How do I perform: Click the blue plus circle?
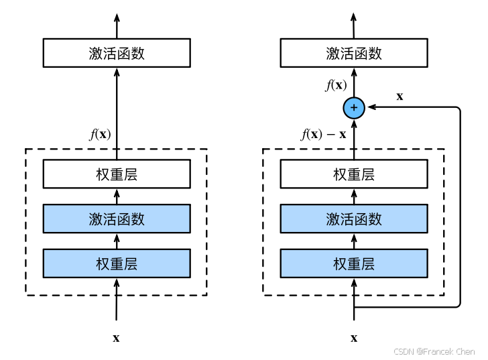click(354, 108)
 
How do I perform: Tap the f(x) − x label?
click(323, 135)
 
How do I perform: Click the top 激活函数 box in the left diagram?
click(117, 53)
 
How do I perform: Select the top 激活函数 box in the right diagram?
click(354, 53)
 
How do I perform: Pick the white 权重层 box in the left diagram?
click(117, 174)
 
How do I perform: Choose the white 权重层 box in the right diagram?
click(354, 174)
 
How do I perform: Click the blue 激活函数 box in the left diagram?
click(117, 219)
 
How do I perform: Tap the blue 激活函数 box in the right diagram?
click(354, 219)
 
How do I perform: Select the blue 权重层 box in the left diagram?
click(117, 263)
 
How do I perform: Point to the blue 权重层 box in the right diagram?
click(354, 263)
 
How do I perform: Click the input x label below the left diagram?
click(116, 338)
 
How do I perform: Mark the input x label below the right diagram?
click(354, 338)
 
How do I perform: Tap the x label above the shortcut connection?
click(400, 97)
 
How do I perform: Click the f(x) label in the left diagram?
click(101, 135)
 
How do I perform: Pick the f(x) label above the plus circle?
click(336, 85)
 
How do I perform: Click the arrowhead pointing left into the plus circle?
click(372, 107)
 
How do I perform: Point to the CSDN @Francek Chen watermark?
click(434, 351)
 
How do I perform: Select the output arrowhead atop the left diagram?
click(117, 17)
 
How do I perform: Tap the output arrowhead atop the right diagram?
click(353, 17)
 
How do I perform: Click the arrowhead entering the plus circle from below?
click(354, 125)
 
